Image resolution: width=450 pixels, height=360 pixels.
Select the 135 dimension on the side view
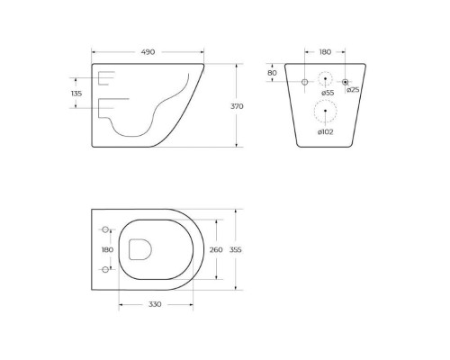tap(76, 93)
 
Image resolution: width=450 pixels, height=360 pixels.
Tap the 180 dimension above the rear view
tap(326, 51)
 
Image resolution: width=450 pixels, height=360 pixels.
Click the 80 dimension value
tap(273, 73)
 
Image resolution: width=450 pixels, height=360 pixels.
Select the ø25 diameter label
tap(354, 89)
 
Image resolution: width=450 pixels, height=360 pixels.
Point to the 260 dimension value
tap(215, 249)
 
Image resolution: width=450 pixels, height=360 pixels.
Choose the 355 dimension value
tap(237, 249)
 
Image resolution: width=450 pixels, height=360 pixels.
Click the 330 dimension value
tap(155, 305)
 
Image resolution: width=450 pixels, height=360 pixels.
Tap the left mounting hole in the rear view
tap(305, 82)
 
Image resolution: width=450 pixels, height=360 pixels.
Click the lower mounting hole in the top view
tap(106, 269)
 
